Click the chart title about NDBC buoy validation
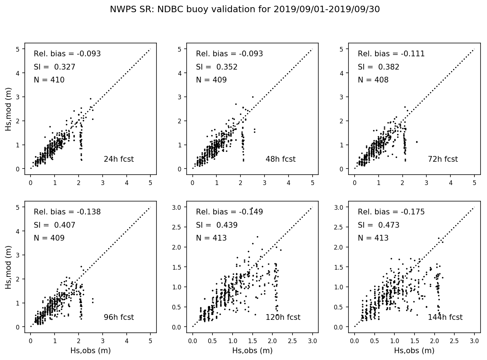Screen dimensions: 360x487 tap(245, 10)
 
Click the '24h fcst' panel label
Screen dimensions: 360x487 tap(118, 159)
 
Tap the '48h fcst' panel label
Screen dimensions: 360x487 tap(280, 159)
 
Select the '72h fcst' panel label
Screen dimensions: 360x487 tap(442, 159)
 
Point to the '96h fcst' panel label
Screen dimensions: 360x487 tap(118, 317)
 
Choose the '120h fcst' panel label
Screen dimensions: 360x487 tap(283, 317)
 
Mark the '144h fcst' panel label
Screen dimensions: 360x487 tap(445, 317)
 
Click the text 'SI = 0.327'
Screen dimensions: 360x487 tap(55, 67)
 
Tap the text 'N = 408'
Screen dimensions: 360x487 tap(373, 80)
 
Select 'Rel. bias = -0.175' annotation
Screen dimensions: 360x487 tap(391, 212)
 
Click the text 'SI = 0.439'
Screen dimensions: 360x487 tap(216, 225)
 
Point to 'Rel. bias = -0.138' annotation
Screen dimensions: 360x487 tap(67, 212)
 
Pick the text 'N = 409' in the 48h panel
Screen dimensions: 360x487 tap(211, 80)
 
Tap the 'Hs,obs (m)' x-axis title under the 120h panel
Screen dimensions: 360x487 tap(252, 351)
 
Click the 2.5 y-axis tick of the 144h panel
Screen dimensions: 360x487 tap(344, 227)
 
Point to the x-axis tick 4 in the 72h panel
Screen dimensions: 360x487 tap(451, 183)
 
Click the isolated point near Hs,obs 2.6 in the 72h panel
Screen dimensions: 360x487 tap(417, 142)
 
